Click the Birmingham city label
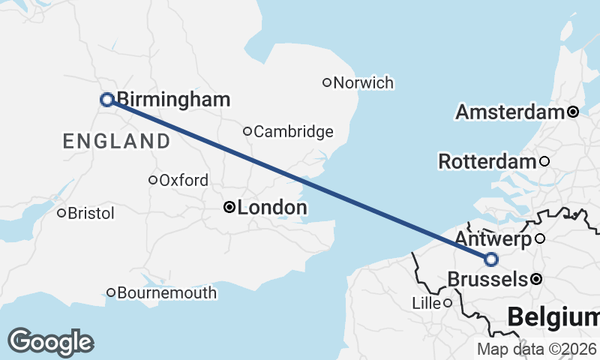(x=173, y=100)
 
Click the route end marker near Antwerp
(x=491, y=259)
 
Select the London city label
(x=271, y=208)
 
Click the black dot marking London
(x=230, y=207)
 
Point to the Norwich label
(x=364, y=82)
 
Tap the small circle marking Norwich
(x=327, y=82)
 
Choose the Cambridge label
(x=293, y=132)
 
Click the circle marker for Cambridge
(x=247, y=131)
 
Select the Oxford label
(x=184, y=181)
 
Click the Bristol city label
(x=91, y=214)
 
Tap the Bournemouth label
(x=167, y=292)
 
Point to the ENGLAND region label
(x=117, y=141)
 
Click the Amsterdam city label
(x=510, y=112)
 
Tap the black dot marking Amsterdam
(x=573, y=112)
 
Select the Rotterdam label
(x=487, y=161)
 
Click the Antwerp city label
(x=493, y=239)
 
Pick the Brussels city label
(x=487, y=280)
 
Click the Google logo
(x=50, y=342)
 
